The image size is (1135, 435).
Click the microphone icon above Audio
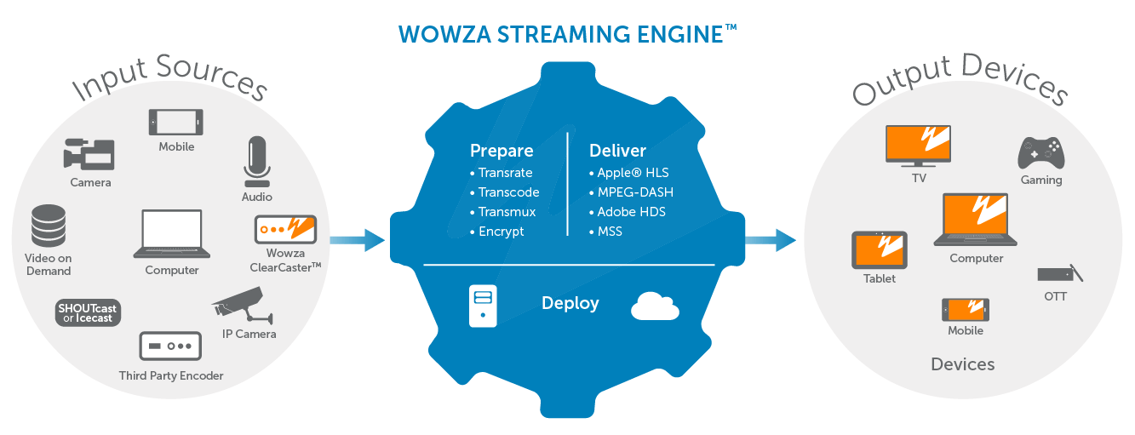click(256, 161)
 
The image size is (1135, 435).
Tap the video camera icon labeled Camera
click(89, 153)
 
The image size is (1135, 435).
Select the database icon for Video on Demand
click(49, 225)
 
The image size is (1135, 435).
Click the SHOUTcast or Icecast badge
click(89, 312)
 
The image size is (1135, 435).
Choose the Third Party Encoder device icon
click(170, 346)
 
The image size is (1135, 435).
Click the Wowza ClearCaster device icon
click(285, 228)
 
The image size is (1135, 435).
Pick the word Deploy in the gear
click(570, 303)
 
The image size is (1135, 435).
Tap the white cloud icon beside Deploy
click(655, 306)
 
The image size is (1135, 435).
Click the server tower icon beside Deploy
click(483, 306)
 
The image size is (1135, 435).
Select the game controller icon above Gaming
click(1040, 153)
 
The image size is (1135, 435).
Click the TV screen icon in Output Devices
click(918, 146)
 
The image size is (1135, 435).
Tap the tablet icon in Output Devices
click(880, 250)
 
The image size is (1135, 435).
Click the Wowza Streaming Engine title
click(568, 34)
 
